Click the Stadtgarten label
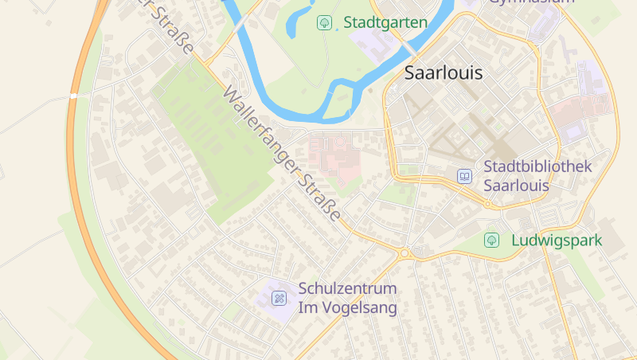[x=385, y=22]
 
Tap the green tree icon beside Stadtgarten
[x=324, y=22]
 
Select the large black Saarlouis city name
[x=444, y=72]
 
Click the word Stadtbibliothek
[x=538, y=166]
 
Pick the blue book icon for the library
[x=464, y=176]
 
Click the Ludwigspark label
[x=557, y=240]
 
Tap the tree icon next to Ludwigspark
[x=492, y=240]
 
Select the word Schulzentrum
[x=347, y=288]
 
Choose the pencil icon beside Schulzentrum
[x=279, y=298]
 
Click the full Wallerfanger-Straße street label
[x=283, y=155]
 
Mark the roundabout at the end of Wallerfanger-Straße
[x=404, y=253]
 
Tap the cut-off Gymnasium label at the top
[x=531, y=2]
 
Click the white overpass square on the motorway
[x=73, y=96]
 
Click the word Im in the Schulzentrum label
[x=307, y=307]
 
